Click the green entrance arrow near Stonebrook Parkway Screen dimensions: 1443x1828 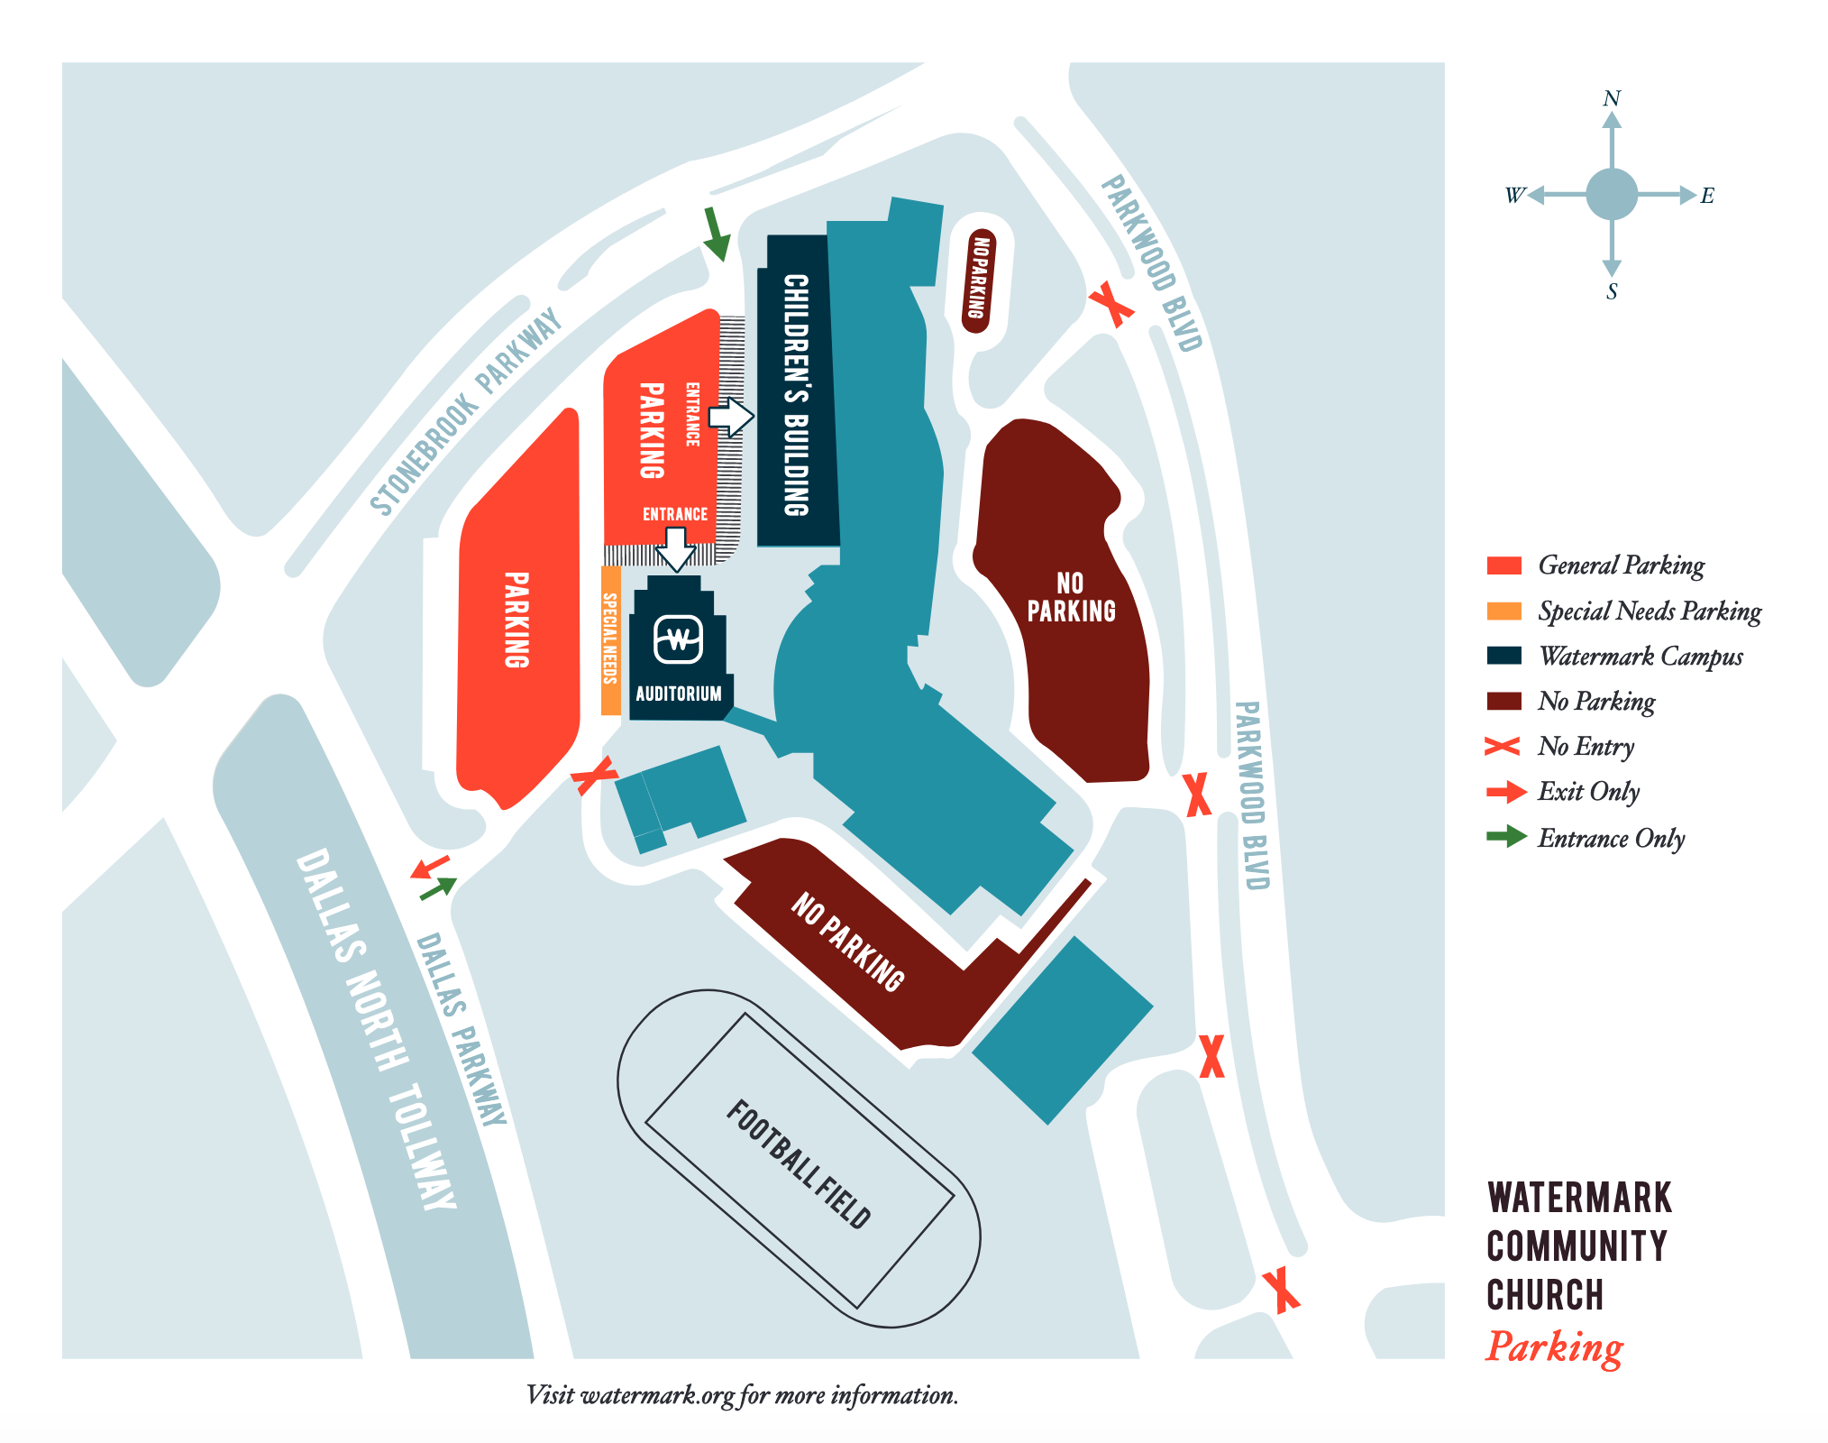pyautogui.click(x=716, y=234)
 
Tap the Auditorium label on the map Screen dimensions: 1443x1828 pyautogui.click(x=679, y=694)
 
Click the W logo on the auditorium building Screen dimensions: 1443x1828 pyautogui.click(x=679, y=639)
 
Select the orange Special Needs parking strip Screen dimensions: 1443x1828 pyautogui.click(x=610, y=639)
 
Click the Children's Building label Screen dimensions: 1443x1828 pyautogui.click(x=796, y=394)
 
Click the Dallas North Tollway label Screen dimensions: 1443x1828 pyautogui.click(x=375, y=1028)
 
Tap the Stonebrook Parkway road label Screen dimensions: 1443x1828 pyautogui.click(x=465, y=413)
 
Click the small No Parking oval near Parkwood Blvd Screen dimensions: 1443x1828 pyautogui.click(x=978, y=279)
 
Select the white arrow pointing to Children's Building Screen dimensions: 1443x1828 pyautogui.click(x=731, y=418)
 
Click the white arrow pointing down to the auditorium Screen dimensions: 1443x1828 pyautogui.click(x=675, y=548)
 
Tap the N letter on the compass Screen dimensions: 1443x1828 pyautogui.click(x=1612, y=98)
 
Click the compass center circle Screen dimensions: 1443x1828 pyautogui.click(x=1612, y=194)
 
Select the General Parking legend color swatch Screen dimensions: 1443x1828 pyautogui.click(x=1504, y=565)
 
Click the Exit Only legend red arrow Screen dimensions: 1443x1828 pyautogui.click(x=1505, y=792)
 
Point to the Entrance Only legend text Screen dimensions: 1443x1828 pyautogui.click(x=1611, y=838)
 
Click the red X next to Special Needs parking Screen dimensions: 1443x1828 pyautogui.click(x=594, y=775)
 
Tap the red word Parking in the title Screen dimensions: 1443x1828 pyautogui.click(x=1554, y=1347)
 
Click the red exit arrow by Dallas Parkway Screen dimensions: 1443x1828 pyautogui.click(x=429, y=869)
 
